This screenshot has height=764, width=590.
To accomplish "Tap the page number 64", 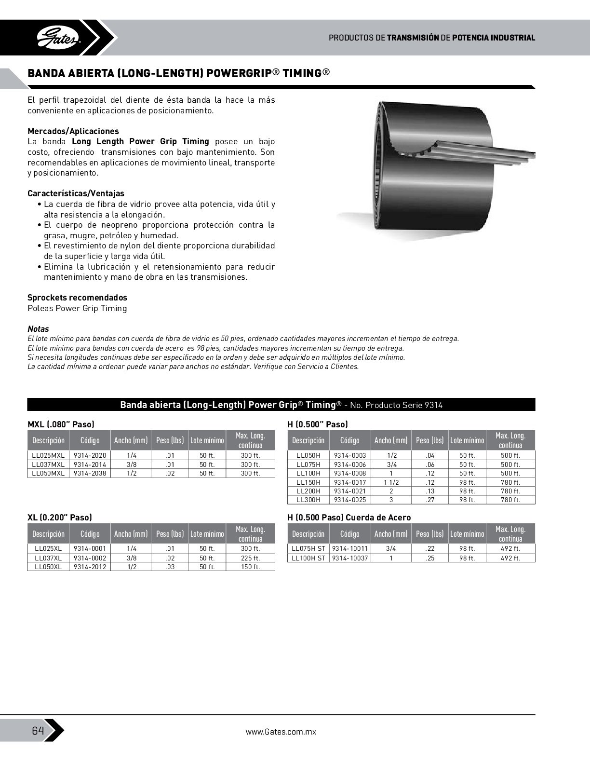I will pyautogui.click(x=38, y=730).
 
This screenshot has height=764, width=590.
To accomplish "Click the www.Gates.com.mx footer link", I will pyautogui.click(x=281, y=732).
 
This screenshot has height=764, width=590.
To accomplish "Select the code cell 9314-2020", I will pyautogui.click(x=90, y=455).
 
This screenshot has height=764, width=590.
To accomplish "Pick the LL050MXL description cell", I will pyautogui.click(x=48, y=473).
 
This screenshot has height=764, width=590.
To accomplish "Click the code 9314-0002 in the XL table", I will pyautogui.click(x=90, y=558).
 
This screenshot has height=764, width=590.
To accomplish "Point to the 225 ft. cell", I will pyautogui.click(x=250, y=558).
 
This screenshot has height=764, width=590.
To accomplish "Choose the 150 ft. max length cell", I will pyautogui.click(x=250, y=567).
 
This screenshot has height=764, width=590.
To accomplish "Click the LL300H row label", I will pyautogui.click(x=308, y=500).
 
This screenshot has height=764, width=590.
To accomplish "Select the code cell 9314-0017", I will pyautogui.click(x=350, y=482).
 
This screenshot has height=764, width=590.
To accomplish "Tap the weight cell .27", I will pyautogui.click(x=430, y=500).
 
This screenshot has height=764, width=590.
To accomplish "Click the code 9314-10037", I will pyautogui.click(x=350, y=558).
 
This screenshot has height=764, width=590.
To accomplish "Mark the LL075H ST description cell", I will pyautogui.click(x=308, y=548).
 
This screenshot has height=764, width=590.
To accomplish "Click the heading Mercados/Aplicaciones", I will pyautogui.click(x=73, y=131).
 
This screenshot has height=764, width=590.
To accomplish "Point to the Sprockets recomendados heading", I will pyautogui.click(x=77, y=298).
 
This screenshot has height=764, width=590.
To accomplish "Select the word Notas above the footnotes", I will pyautogui.click(x=38, y=329).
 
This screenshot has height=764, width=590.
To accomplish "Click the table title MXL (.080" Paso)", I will pyautogui.click(x=61, y=424).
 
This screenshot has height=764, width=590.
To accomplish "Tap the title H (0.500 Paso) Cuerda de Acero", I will pyautogui.click(x=349, y=518).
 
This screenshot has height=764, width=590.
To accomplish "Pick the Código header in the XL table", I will pyautogui.click(x=90, y=534).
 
